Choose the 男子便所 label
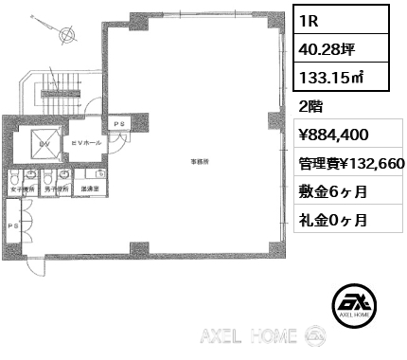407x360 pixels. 57,188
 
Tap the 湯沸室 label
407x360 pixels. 90,188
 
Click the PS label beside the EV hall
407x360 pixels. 119,124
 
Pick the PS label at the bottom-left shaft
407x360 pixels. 13,226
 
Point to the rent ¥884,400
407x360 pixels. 327,135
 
